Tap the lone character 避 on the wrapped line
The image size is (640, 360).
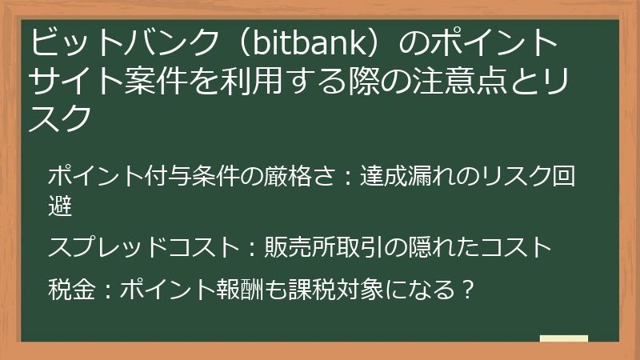click(x=60, y=207)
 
